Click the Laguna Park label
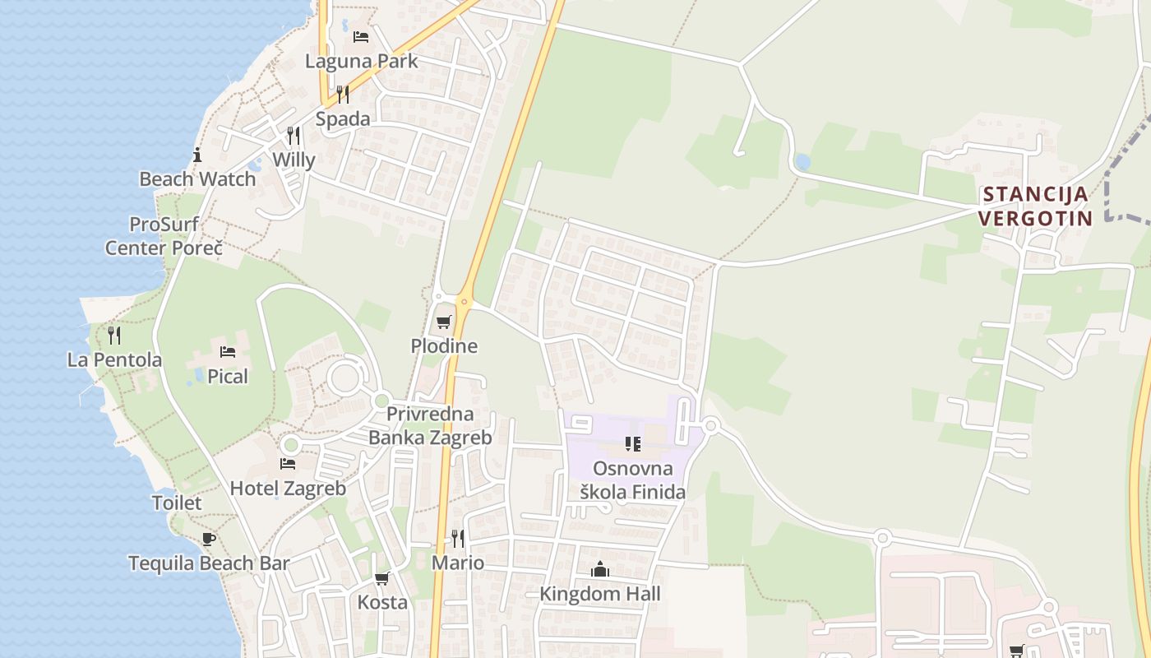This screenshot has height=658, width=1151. point(361,61)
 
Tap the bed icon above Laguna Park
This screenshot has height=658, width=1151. point(361,36)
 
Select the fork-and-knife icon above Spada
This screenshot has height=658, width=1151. point(343,95)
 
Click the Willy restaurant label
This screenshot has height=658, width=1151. point(294,160)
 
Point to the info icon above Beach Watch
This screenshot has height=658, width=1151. point(197,155)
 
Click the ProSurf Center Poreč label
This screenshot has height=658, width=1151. point(164,236)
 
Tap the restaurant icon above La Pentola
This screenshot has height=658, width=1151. point(114,336)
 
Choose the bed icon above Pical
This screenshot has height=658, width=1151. point(228,352)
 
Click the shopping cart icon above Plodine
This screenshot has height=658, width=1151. point(444,322)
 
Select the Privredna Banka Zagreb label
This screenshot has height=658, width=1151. point(430,425)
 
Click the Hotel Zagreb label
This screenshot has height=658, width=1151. point(288,488)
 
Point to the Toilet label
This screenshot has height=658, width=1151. point(177,503)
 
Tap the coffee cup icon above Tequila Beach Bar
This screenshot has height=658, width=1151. point(209,540)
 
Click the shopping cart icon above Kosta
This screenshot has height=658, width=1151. point(382,578)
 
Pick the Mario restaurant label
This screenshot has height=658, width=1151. point(458,563)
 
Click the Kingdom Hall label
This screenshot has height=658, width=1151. point(600,593)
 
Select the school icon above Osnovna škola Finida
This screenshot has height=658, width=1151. point(633,444)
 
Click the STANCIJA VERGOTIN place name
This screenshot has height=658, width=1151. point(1036,206)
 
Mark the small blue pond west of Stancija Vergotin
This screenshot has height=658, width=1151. point(802,162)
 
